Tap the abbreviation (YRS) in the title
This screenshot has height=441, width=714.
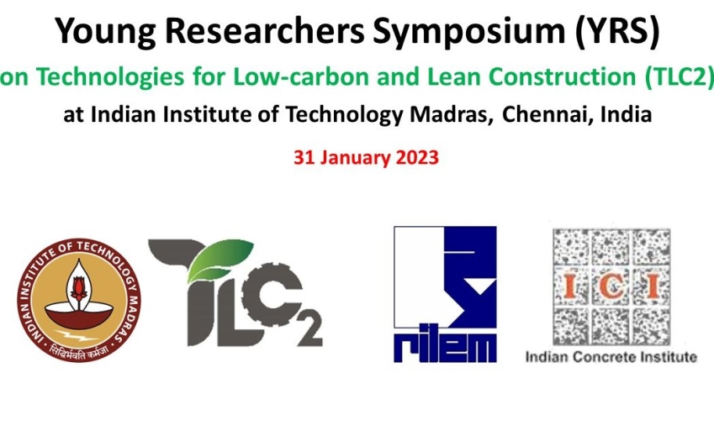pos(617,31)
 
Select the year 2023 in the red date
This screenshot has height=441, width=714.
pos(418,158)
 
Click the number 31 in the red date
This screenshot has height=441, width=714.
pos(304,158)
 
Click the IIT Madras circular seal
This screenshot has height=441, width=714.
pos(79,300)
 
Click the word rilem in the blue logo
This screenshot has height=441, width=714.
pos(445,348)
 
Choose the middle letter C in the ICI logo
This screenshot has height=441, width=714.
pos(611,286)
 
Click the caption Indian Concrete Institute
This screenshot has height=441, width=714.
pos(611,357)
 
